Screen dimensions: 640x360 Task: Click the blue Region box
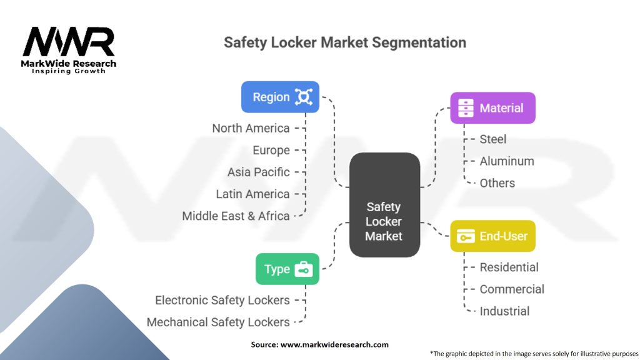click(x=280, y=97)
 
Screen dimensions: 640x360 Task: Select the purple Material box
click(x=492, y=108)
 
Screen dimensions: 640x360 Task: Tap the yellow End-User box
click(x=492, y=236)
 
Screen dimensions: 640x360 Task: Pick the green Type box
click(x=287, y=269)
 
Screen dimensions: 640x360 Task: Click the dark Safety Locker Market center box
click(x=384, y=205)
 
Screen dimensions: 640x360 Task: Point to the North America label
click(x=251, y=128)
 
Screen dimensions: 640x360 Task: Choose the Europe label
click(x=271, y=150)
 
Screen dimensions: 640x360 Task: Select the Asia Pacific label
click(x=258, y=172)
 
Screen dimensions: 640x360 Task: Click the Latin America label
click(x=252, y=194)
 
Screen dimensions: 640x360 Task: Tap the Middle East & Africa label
click(x=236, y=216)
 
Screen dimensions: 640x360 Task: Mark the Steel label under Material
click(x=492, y=139)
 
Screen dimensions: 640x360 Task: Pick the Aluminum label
click(x=506, y=161)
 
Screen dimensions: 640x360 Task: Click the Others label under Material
click(x=497, y=183)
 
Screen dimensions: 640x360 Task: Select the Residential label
click(x=509, y=267)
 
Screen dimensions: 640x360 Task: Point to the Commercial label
click(x=512, y=289)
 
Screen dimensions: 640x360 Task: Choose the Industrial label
click(x=504, y=311)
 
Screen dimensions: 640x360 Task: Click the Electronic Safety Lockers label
click(x=222, y=301)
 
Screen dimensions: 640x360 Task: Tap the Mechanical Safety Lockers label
click(x=218, y=322)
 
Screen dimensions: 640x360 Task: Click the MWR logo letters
click(x=69, y=42)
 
